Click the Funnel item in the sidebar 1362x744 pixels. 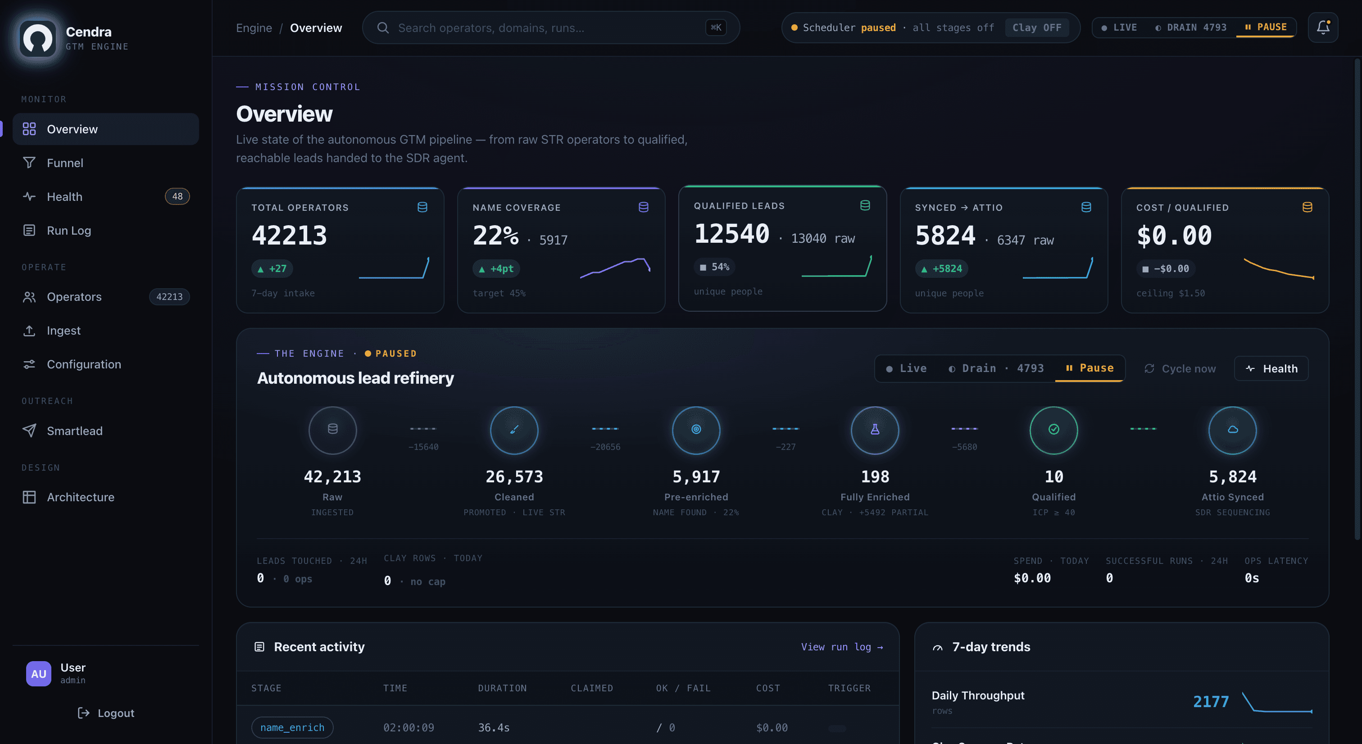pos(64,163)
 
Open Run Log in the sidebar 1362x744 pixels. pos(69,231)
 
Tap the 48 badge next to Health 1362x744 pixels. pos(177,197)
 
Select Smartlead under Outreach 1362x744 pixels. pos(75,431)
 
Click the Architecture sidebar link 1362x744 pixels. pos(80,497)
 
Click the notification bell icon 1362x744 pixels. pos(1323,27)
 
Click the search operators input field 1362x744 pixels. pos(550,27)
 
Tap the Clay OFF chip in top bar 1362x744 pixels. pos(1036,27)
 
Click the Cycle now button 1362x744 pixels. pos(1180,368)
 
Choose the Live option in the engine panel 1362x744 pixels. pos(906,368)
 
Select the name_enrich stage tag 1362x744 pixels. pos(292,728)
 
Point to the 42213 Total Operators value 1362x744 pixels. pos(289,235)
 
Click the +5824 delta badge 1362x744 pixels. pos(942,268)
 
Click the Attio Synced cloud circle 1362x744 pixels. pos(1232,430)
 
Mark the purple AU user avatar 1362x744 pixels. pos(39,674)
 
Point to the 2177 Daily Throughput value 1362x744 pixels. pos(1210,702)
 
